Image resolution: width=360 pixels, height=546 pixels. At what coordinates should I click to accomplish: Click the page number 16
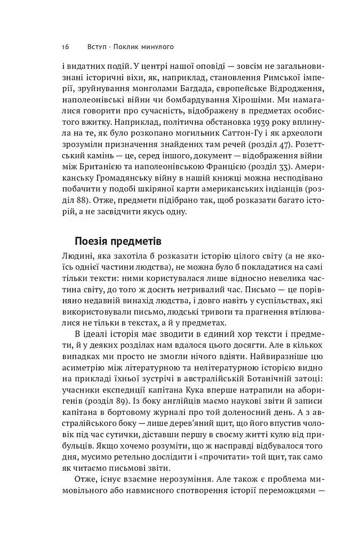coord(65,47)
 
